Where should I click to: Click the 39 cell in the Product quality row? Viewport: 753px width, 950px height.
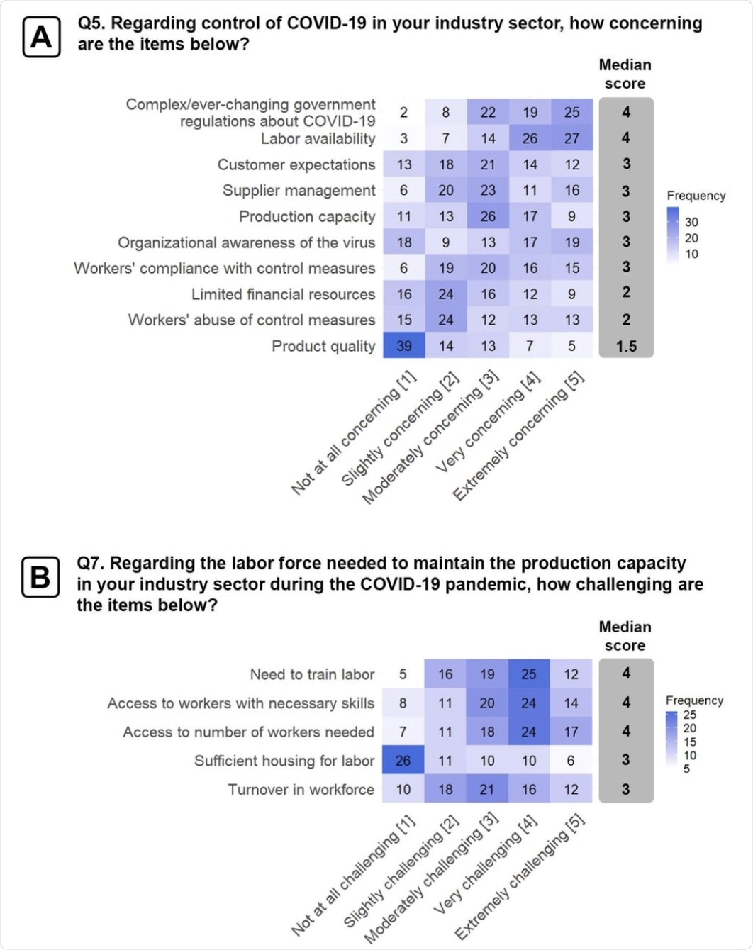[x=403, y=346]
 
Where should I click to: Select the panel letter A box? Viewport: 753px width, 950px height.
[x=41, y=37]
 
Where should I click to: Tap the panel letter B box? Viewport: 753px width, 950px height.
[x=40, y=577]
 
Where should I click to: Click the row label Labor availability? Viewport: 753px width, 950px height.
[x=318, y=139]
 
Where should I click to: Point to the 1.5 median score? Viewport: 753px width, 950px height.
[x=626, y=346]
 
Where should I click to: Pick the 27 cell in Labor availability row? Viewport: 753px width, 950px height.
[x=571, y=138]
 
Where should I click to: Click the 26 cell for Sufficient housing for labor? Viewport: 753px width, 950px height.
[x=403, y=761]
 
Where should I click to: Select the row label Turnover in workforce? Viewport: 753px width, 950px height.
[x=301, y=790]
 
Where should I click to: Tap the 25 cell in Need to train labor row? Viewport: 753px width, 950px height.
[x=529, y=674]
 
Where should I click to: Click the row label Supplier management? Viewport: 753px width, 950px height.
[x=299, y=191]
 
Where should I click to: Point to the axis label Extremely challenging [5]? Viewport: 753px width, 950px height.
[x=520, y=877]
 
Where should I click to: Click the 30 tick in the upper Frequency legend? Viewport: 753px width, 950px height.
[x=691, y=222]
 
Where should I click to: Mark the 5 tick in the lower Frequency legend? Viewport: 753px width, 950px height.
[x=686, y=769]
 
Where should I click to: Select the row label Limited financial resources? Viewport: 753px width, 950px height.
[x=283, y=294]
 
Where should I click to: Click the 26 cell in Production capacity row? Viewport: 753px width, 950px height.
[x=488, y=216]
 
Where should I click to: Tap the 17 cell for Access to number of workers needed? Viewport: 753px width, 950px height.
[x=571, y=732]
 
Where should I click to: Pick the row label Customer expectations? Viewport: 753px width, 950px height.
[x=296, y=164]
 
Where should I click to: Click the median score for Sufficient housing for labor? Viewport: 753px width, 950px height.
[x=625, y=760]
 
